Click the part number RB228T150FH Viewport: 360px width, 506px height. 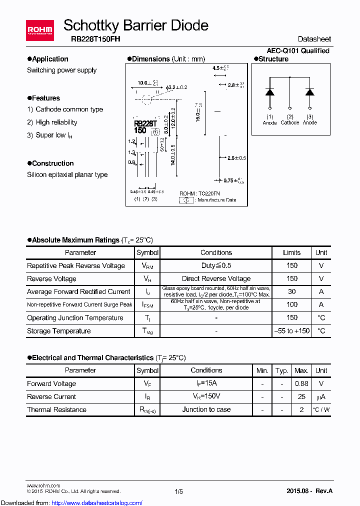(x=91, y=39)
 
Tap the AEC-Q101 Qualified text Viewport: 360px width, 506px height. (x=297, y=50)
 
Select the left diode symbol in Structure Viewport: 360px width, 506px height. (x=269, y=92)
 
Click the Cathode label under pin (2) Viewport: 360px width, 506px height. (x=289, y=122)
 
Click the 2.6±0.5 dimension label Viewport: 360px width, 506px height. (x=236, y=158)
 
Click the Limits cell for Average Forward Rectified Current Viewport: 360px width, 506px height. (x=291, y=291)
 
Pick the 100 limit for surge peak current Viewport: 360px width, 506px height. (x=291, y=304)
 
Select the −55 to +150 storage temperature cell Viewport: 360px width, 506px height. (x=291, y=330)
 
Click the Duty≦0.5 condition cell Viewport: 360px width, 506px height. (x=216, y=265)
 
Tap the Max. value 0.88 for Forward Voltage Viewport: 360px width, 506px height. (x=301, y=383)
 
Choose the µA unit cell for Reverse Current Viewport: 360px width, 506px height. (x=321, y=396)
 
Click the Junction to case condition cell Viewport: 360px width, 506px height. (x=206, y=409)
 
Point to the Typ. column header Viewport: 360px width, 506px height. (x=282, y=370)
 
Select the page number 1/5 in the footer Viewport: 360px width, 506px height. (x=179, y=491)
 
